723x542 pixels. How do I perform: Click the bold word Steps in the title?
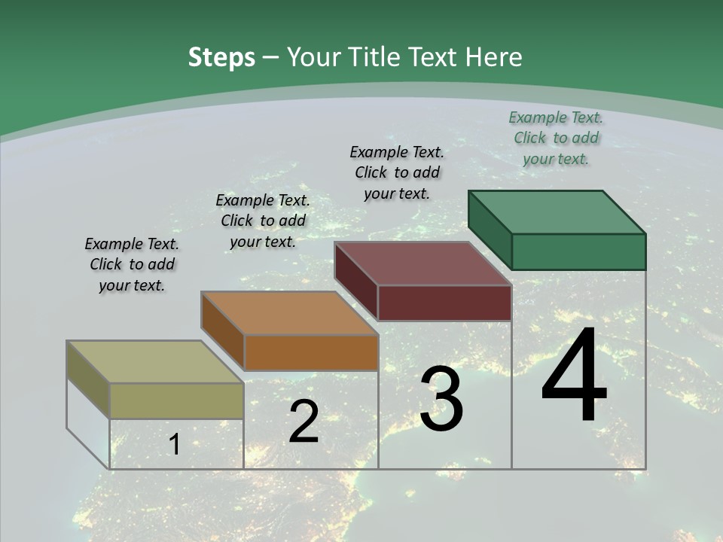[x=221, y=57]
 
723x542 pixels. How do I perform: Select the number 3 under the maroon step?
[x=441, y=399]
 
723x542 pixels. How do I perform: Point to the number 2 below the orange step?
[x=304, y=422]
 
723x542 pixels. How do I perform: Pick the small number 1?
[x=174, y=445]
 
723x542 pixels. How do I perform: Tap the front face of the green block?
[x=578, y=251]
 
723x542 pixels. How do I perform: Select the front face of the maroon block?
[x=444, y=303]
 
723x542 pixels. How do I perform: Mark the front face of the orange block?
[x=310, y=352]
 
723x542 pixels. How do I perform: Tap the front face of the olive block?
[x=176, y=400]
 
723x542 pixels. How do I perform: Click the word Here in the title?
[x=494, y=57]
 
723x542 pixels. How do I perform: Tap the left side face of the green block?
[x=490, y=229]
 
